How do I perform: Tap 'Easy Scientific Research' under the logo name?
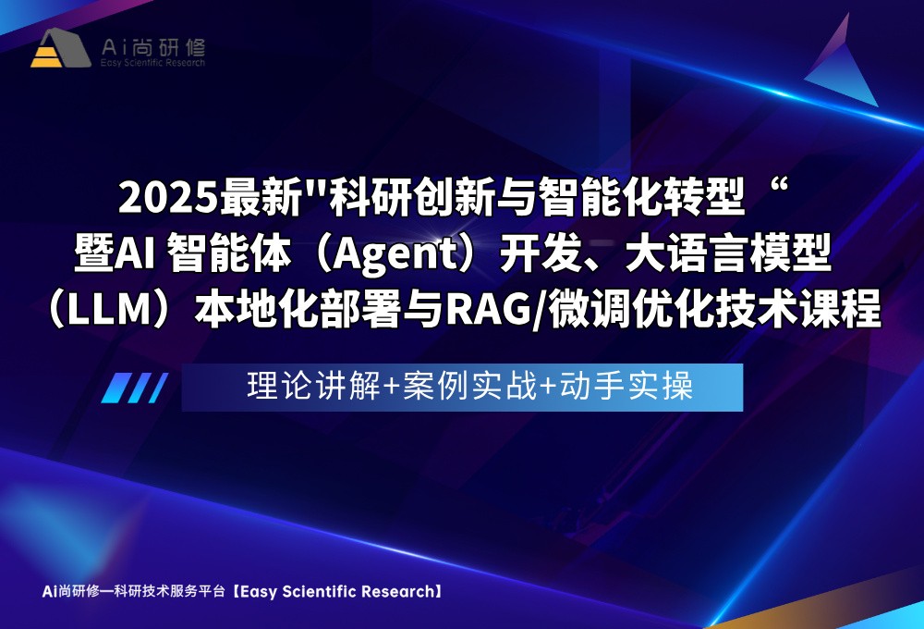tap(152, 62)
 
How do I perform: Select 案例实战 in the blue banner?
tap(469, 387)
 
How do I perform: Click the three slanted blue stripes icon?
tap(134, 388)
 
